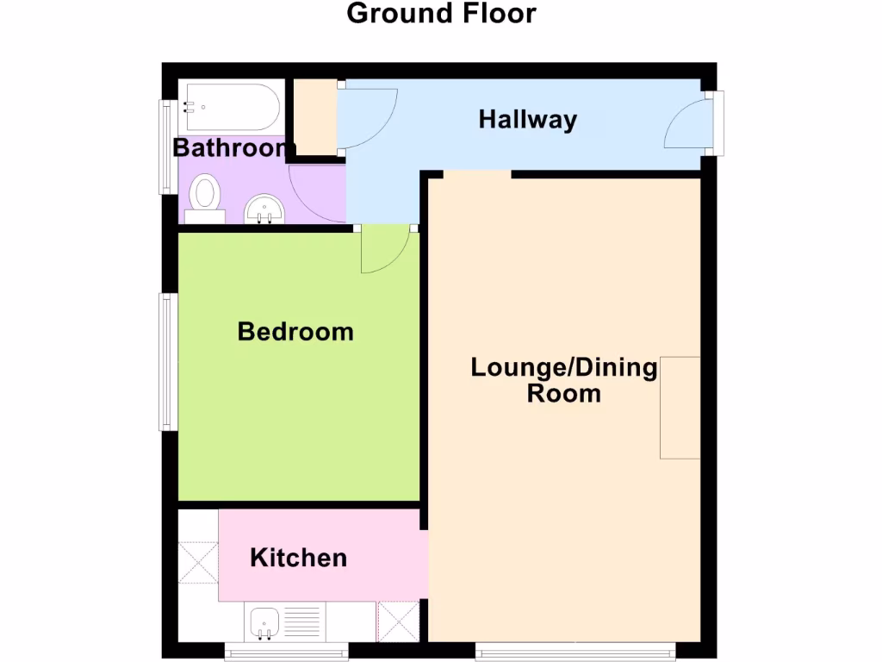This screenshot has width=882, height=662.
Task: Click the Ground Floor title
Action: pos(441,14)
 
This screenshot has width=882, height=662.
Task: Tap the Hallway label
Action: pos(527,120)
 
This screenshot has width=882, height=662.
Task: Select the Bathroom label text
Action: pos(230,147)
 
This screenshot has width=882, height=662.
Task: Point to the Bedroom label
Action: pos(295,331)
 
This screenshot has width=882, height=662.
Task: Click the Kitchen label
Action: pos(298,558)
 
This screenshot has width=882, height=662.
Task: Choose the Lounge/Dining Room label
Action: pos(563,380)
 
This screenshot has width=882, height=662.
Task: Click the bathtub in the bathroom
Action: pos(231,107)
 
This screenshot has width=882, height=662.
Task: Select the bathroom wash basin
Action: pos(264,208)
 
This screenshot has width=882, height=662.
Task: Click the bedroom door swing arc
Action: pos(384,251)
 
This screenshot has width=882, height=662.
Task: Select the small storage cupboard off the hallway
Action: pos(314,118)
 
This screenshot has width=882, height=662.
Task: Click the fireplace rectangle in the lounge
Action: pos(680,407)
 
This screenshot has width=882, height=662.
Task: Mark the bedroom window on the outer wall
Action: pos(167,361)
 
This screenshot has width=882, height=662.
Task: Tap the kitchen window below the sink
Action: pos(286,652)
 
